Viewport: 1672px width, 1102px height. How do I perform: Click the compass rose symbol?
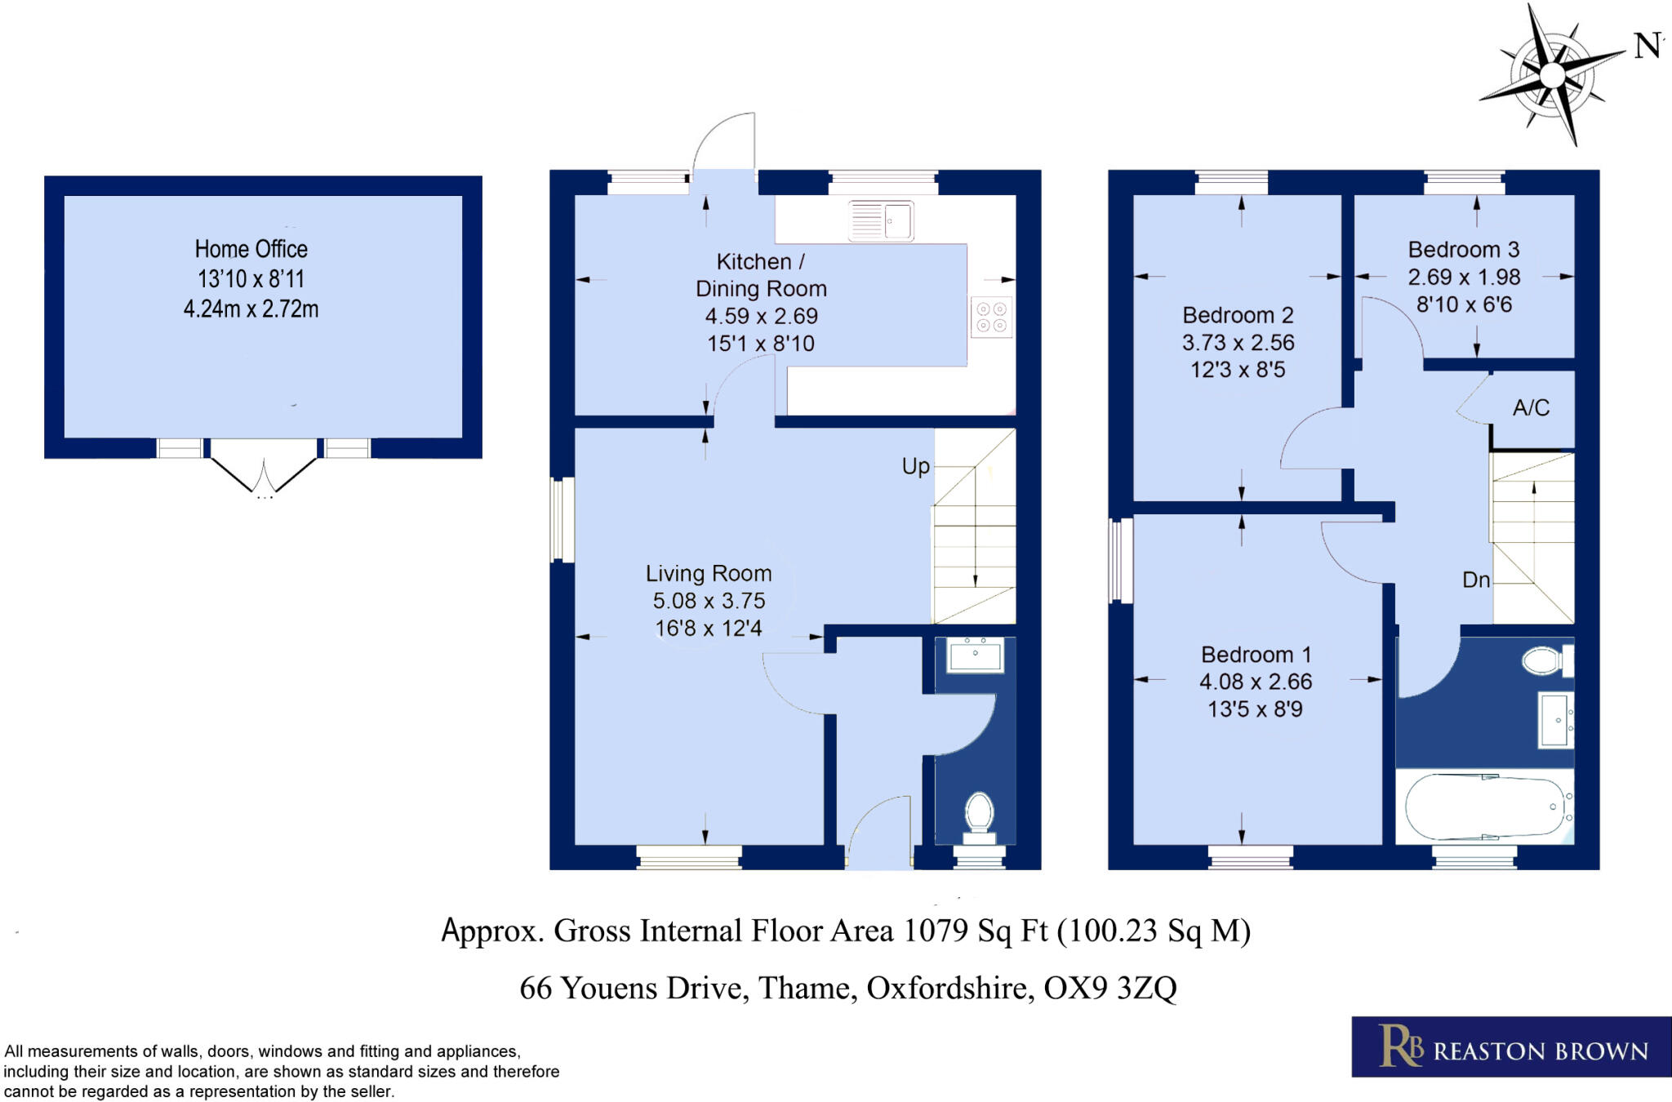point(1552,75)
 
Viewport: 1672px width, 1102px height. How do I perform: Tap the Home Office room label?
point(251,249)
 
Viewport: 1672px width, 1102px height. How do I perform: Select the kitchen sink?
point(881,220)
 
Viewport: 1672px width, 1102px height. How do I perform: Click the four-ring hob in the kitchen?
point(991,318)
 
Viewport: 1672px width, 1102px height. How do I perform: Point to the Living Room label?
point(709,574)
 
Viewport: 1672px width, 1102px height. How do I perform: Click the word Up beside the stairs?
point(916,467)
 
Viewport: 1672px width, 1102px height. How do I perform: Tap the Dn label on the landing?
point(1476,580)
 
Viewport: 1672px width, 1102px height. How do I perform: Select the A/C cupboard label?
point(1531,408)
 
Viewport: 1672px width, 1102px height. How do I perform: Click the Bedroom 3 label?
point(1464,250)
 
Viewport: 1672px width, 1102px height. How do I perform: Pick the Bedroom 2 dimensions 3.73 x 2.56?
point(1238,343)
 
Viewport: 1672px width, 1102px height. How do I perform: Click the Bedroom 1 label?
point(1256,655)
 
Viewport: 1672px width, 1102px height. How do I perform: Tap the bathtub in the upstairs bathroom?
point(1485,807)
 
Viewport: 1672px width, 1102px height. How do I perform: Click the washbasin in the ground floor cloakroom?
point(975,655)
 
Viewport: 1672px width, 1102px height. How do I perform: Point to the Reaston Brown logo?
point(1511,1046)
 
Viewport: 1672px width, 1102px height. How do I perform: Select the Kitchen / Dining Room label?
point(761,275)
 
